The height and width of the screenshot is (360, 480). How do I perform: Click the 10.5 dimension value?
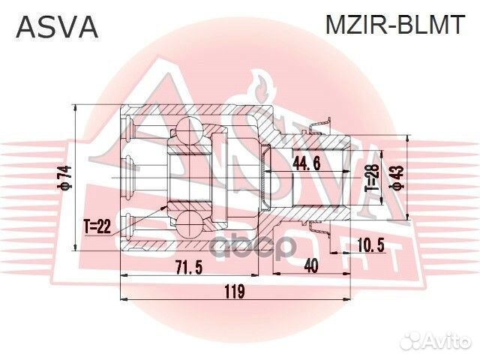[372, 243]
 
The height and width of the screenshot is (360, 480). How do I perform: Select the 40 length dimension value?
[312, 265]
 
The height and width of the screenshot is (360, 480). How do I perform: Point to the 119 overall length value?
[235, 292]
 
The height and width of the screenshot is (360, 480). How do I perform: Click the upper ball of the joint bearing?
[187, 135]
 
